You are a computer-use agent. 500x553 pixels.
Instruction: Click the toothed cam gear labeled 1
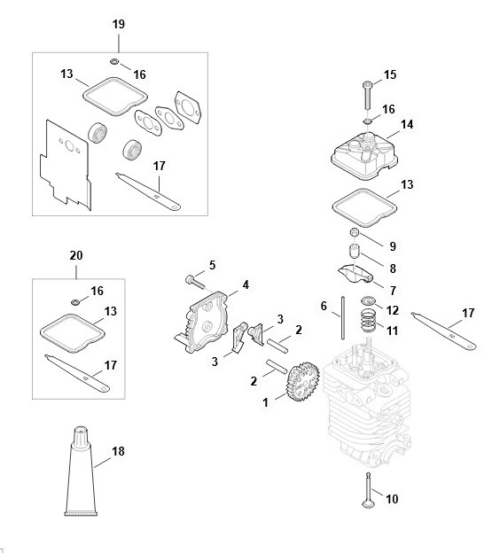(303, 382)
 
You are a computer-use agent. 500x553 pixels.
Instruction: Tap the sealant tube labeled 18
(81, 472)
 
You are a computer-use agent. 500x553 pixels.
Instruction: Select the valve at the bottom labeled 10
(368, 491)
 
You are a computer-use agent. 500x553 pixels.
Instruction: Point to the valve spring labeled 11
(368, 321)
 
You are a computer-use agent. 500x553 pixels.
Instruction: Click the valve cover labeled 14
(364, 154)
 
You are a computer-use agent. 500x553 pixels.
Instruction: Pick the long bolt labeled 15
(367, 95)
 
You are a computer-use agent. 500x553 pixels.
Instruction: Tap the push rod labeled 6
(342, 318)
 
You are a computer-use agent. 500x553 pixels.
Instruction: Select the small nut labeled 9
(355, 233)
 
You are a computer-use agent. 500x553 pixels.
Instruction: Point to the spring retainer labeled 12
(368, 301)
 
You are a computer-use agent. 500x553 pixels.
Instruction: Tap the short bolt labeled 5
(195, 282)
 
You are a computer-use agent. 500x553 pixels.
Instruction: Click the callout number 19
(119, 24)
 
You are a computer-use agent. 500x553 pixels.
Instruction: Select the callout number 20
(76, 255)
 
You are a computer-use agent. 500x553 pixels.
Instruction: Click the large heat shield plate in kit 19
(66, 165)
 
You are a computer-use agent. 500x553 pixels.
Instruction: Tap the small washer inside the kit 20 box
(74, 302)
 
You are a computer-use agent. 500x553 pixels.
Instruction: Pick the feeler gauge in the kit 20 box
(77, 373)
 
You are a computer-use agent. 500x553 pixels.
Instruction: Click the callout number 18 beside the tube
(118, 451)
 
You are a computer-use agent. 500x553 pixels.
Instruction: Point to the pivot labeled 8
(355, 252)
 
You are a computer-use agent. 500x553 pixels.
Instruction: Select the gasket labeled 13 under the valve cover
(364, 208)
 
